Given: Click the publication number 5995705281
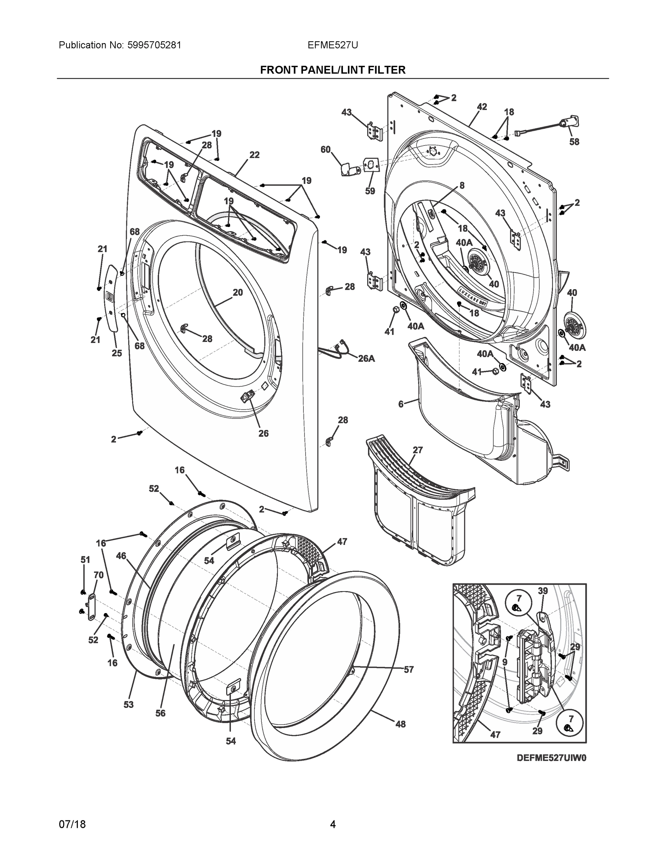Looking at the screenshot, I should [154, 45].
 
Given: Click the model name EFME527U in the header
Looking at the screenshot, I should [332, 45].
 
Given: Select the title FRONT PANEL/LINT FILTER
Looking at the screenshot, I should [332, 70].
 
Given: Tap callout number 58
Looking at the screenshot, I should [574, 142].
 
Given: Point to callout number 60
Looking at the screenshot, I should [326, 149].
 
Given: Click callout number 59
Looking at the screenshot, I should [370, 191].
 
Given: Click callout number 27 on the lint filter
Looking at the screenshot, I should [418, 450].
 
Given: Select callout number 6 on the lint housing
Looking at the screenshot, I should [401, 404].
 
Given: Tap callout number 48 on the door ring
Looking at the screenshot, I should [400, 724].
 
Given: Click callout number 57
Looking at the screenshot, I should [409, 669].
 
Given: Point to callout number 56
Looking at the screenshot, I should [160, 713].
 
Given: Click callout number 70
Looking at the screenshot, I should [99, 575].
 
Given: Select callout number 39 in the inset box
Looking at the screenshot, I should [542, 590].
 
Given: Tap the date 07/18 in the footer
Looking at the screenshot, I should [72, 824].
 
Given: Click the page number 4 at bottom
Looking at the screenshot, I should [332, 824].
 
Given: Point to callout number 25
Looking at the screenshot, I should [116, 353].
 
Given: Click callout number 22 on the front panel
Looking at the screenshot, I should [255, 155].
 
